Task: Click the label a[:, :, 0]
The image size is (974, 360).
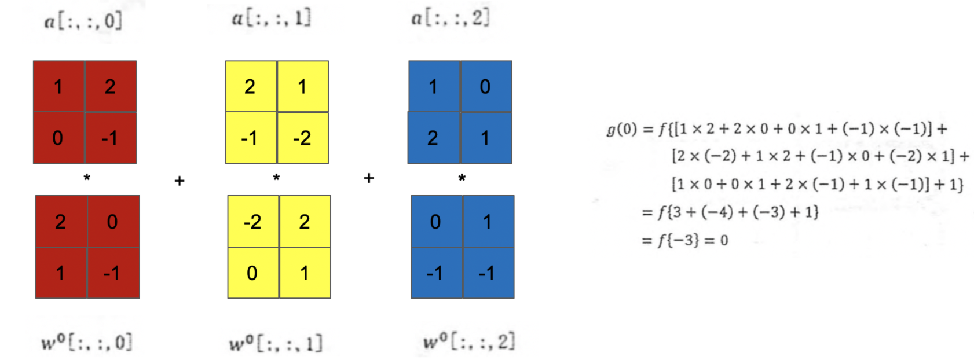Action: [83, 21]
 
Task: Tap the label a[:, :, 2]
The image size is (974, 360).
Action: [450, 18]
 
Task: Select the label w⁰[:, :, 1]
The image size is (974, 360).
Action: [275, 343]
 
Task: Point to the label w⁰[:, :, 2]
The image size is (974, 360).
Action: [468, 341]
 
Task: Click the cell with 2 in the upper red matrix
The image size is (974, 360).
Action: [111, 86]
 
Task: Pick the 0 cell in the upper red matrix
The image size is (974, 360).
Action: [58, 138]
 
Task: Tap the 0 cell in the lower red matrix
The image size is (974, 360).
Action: [113, 222]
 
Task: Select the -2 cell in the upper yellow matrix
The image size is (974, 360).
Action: [302, 138]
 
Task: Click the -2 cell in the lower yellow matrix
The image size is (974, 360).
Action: [253, 222]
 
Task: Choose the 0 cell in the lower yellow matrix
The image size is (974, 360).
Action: [252, 273]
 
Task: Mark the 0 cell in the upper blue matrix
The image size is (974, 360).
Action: [486, 86]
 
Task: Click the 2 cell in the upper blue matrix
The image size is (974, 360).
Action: [433, 138]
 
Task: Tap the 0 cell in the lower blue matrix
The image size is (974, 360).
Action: [436, 222]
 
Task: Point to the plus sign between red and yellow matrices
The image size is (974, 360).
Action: [180, 181]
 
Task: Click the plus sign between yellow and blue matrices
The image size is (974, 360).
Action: [369, 178]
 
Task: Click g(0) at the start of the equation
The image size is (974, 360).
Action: [622, 128]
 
